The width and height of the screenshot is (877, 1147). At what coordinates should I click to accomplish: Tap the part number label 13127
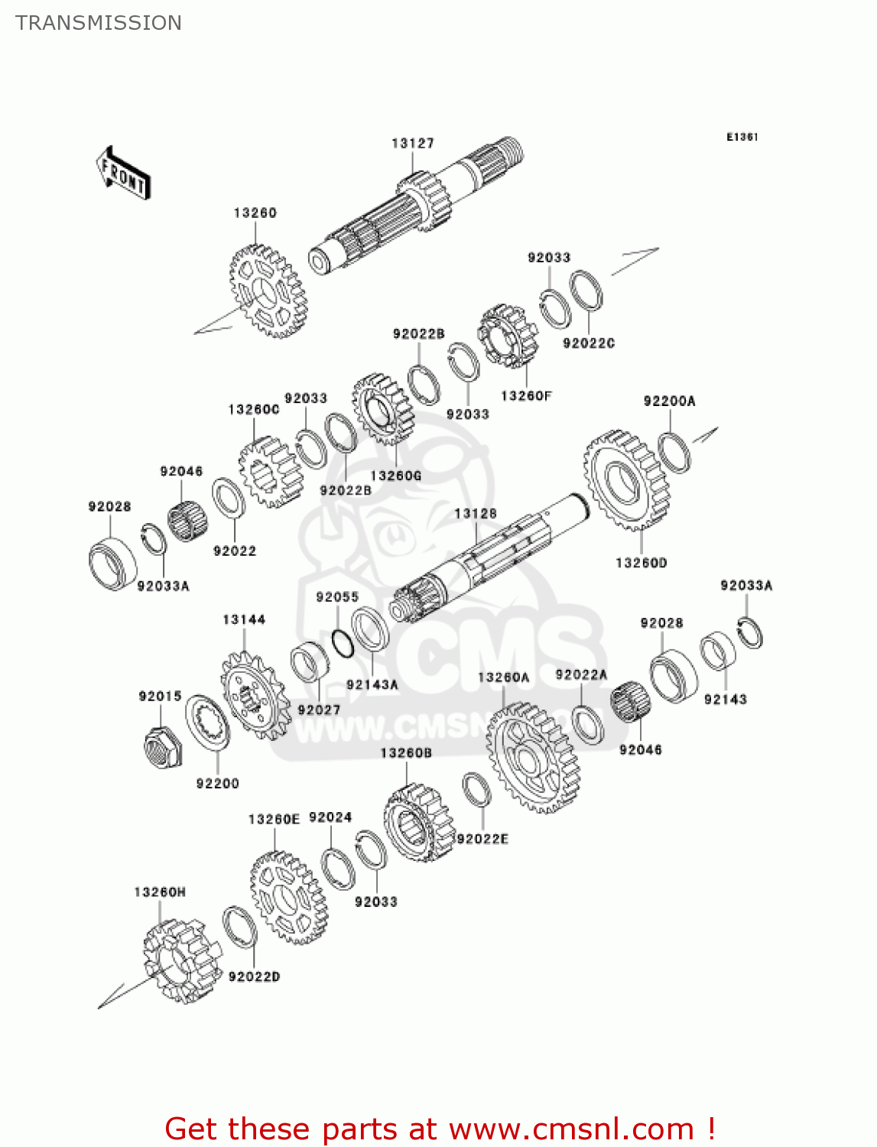coord(413,143)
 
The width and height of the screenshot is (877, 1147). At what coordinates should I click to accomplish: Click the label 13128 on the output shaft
coord(475,513)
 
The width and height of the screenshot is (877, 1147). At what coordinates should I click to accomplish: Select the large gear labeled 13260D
coord(627,481)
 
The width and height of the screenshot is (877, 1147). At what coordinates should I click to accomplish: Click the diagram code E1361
coord(742,137)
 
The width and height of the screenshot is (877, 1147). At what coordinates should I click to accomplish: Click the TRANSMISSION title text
coord(99,23)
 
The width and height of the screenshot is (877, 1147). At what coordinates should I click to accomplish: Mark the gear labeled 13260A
coord(533,758)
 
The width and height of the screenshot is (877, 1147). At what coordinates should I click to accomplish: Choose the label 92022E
coord(482,839)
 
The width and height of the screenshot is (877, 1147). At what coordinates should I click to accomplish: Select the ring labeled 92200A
coord(674,453)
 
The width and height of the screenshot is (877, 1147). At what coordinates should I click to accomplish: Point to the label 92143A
coord(372,684)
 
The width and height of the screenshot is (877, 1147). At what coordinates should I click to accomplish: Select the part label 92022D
coord(254,976)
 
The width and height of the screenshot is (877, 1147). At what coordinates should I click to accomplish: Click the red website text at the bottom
coord(440,1129)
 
